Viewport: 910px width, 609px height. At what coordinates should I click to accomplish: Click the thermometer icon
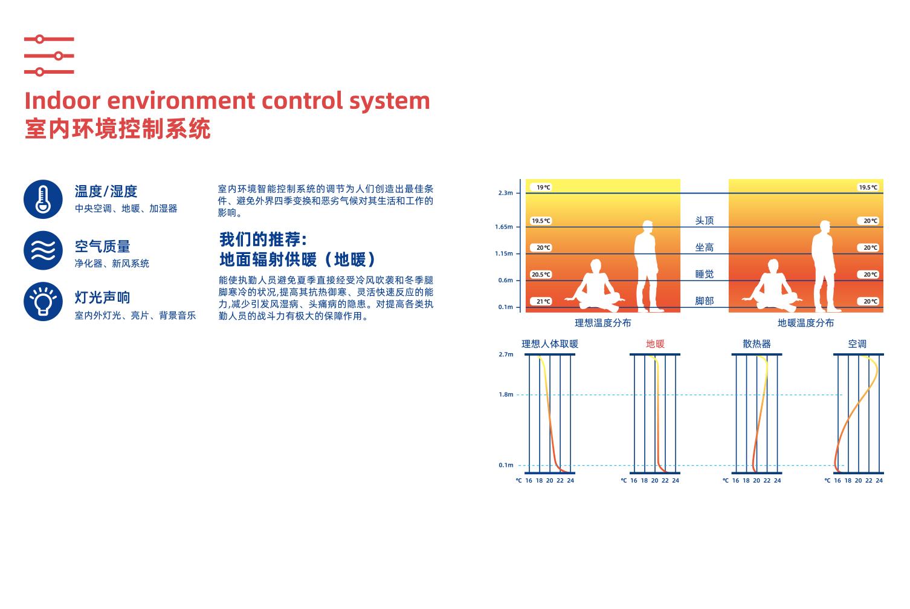(x=43, y=199)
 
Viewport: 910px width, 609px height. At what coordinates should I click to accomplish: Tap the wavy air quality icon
(x=43, y=250)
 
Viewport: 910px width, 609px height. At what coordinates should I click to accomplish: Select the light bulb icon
(x=43, y=302)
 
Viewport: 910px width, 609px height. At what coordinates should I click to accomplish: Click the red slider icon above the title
(x=49, y=55)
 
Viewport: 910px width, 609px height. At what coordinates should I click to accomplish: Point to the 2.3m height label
(x=506, y=193)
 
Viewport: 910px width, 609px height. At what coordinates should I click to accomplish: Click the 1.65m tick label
(x=504, y=226)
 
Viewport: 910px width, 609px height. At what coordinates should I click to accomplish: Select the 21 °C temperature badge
(x=542, y=301)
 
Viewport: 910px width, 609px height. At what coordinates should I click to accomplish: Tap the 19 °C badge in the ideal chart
(x=542, y=187)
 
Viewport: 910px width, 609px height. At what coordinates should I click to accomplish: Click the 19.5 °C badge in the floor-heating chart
(x=868, y=187)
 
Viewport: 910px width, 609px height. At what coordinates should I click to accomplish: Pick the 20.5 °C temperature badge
(x=541, y=275)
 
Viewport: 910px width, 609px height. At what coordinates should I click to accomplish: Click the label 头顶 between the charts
(x=705, y=220)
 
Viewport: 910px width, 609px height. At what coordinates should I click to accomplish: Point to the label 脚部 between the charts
(x=705, y=301)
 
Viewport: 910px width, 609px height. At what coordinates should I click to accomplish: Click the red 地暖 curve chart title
(x=655, y=344)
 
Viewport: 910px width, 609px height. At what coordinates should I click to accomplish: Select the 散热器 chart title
(x=757, y=344)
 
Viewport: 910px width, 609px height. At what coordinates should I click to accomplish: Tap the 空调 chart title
(x=857, y=344)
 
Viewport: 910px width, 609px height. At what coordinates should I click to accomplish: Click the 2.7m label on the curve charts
(x=506, y=354)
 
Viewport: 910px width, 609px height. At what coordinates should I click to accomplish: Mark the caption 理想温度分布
(x=603, y=323)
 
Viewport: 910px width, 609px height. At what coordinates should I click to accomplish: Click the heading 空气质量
(x=102, y=246)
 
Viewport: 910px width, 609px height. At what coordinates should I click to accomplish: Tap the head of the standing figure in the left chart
(x=648, y=226)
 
